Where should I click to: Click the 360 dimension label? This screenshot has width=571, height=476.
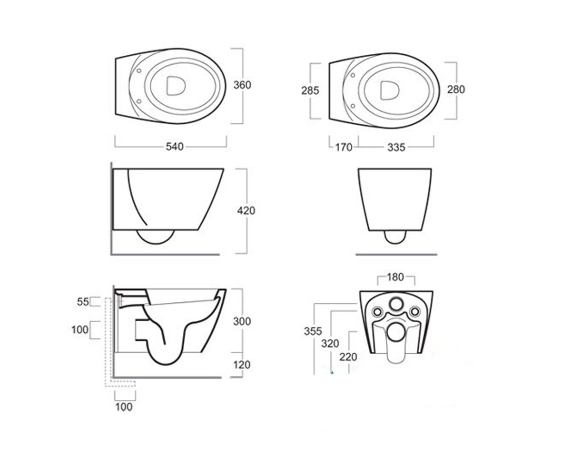click(242, 85)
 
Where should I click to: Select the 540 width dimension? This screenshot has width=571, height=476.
click(175, 147)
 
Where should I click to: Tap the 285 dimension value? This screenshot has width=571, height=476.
click(310, 90)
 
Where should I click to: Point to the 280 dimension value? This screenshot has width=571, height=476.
click(456, 89)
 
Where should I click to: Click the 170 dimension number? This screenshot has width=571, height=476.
click(344, 148)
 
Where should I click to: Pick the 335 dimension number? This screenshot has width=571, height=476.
click(396, 148)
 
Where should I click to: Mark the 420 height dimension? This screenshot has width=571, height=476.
click(246, 211)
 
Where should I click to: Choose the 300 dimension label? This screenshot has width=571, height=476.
click(242, 321)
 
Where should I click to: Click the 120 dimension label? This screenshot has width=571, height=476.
click(242, 365)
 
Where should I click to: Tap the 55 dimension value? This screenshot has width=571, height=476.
click(83, 302)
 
